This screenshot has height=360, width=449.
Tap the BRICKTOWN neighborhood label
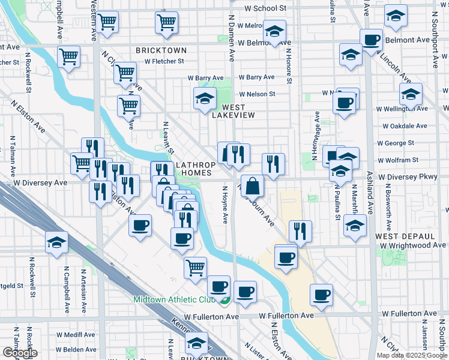tap(161, 50)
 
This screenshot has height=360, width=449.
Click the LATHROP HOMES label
tap(193, 168)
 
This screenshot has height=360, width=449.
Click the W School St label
tap(266, 8)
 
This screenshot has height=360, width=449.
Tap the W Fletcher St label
tap(160, 61)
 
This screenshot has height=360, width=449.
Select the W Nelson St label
tap(257, 94)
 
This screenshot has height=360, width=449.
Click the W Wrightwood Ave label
tap(411, 245)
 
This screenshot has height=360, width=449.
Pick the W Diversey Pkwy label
tap(414, 178)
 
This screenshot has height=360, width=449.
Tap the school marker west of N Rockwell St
tap(57, 242)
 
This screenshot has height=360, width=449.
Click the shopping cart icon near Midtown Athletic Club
tap(196, 268)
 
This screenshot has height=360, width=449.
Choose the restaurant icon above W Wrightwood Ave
tap(300, 231)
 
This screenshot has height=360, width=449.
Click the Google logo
tap(20, 353)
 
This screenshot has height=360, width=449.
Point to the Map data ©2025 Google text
tap(411, 355)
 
